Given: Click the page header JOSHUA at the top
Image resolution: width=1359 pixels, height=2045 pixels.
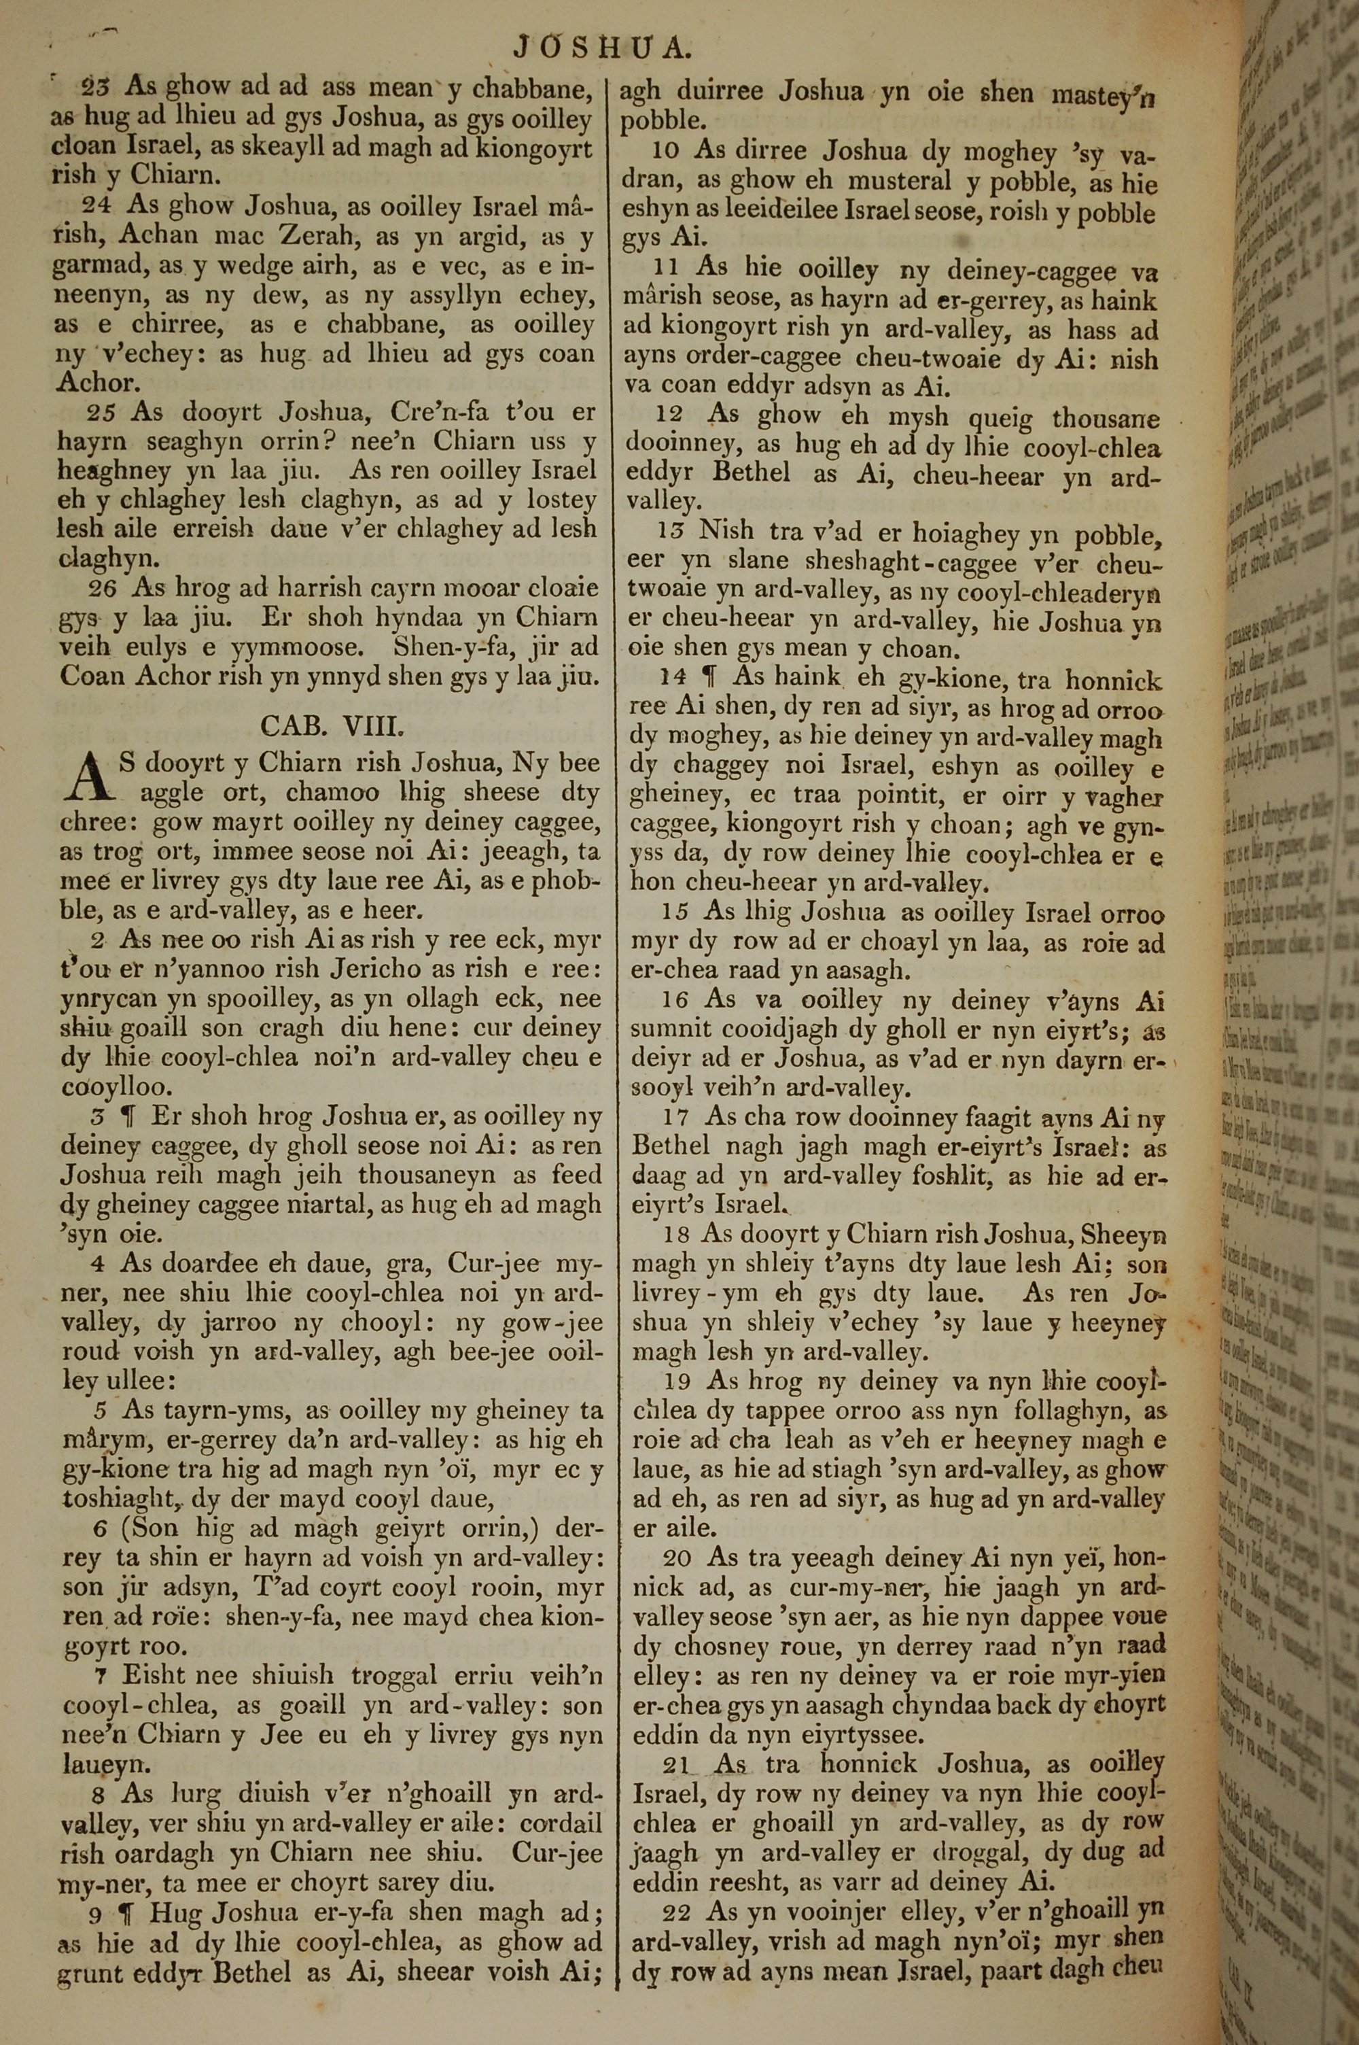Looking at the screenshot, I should coord(601,47).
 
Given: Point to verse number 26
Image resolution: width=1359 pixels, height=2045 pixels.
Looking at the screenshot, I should coord(103,589).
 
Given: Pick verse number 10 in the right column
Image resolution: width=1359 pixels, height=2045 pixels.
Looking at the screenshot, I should coord(666,151).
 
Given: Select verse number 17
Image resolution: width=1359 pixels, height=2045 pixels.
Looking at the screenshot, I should coord(676,1118).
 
